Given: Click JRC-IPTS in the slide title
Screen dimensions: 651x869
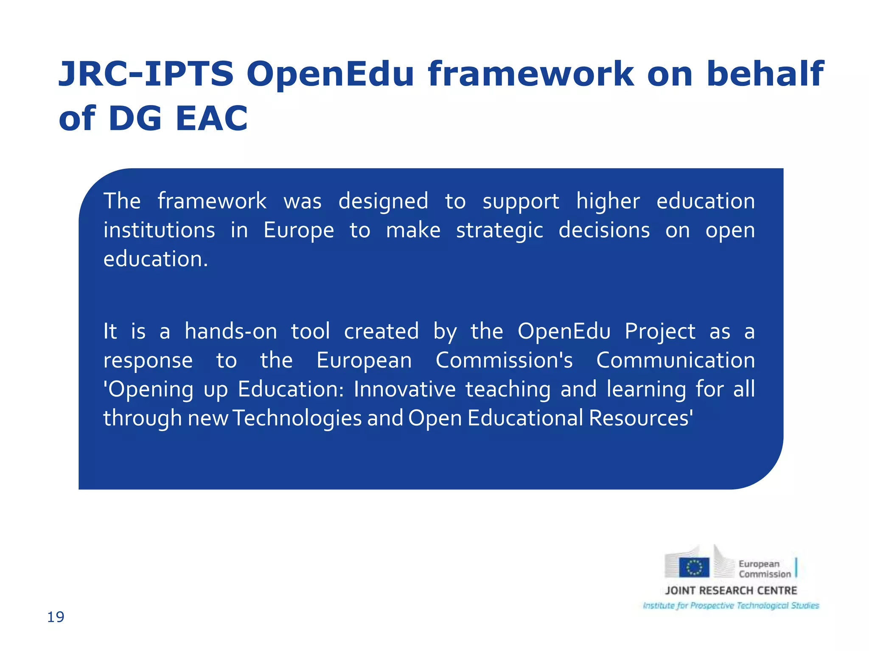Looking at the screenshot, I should [146, 74].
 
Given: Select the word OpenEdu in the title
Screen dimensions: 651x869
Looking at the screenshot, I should [330, 74].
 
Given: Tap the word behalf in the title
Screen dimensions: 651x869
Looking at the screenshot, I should [764, 74].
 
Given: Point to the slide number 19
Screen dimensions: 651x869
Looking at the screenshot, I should [56, 617].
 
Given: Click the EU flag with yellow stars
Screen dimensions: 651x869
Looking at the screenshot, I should [694, 568].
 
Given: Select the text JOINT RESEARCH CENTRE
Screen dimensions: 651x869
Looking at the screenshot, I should [731, 590].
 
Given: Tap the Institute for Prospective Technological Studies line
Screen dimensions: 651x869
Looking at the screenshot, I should [731, 606].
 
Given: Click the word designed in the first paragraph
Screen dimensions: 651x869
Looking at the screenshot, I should [383, 201].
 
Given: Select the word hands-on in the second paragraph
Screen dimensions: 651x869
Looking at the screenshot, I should [230, 331].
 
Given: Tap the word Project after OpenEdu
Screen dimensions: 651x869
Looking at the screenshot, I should [659, 331].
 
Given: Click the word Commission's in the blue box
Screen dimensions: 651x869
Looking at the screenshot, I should [504, 360].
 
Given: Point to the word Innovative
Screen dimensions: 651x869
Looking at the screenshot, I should [404, 389].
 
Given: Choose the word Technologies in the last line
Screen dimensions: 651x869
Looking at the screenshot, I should [297, 418].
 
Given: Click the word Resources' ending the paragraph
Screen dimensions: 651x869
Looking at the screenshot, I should [641, 418].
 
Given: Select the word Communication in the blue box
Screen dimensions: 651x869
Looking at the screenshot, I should [675, 360].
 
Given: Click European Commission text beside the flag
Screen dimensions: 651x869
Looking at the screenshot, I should [764, 569].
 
